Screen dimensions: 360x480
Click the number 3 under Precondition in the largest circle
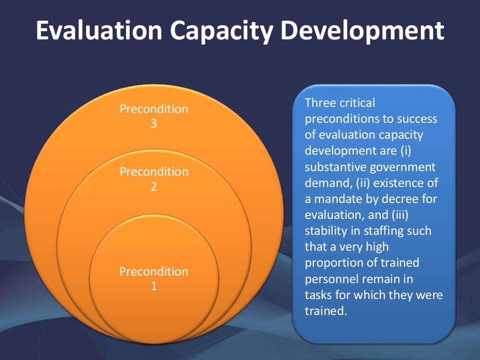[x=154, y=124]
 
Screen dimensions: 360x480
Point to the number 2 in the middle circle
[x=154, y=187]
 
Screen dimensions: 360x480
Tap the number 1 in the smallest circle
[x=154, y=286]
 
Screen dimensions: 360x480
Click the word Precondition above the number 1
[x=154, y=271]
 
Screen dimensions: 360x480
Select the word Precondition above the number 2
[x=154, y=172]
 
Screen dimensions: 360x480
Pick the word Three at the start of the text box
[x=319, y=103]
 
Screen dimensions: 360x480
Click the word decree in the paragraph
[x=400, y=199]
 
